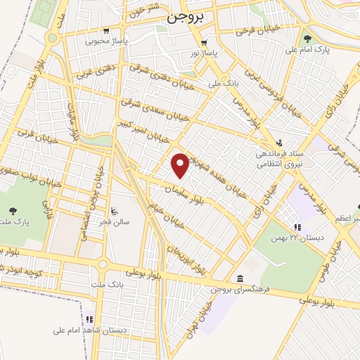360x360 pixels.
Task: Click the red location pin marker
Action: (x=181, y=165)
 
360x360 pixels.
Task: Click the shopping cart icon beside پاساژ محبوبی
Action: (x=105, y=31)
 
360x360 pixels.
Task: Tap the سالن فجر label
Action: (x=115, y=221)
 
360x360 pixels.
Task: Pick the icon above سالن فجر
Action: (x=114, y=211)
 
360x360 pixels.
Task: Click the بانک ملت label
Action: (x=103, y=285)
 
